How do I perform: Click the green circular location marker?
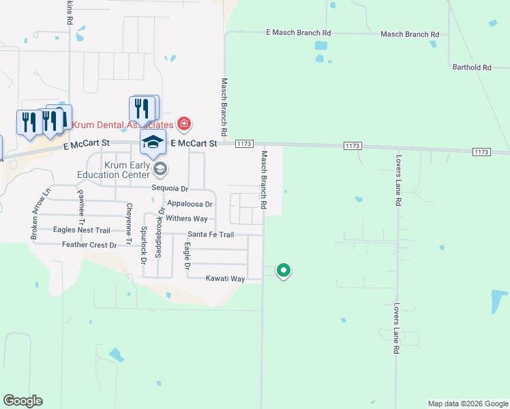[284, 271]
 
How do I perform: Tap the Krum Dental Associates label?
[123, 125]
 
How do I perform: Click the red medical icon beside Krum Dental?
[183, 124]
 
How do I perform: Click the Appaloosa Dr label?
[190, 204]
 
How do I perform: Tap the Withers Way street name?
[187, 219]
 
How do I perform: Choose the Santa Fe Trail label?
[211, 234]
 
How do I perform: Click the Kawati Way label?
[225, 278]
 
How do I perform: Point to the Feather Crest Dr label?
[89, 244]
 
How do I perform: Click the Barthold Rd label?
[472, 67]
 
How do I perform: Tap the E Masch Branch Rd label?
[298, 33]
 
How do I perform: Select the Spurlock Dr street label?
[144, 245]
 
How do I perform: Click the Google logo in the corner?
[22, 401]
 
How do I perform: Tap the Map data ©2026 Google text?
[467, 404]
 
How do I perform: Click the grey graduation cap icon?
[160, 168]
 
